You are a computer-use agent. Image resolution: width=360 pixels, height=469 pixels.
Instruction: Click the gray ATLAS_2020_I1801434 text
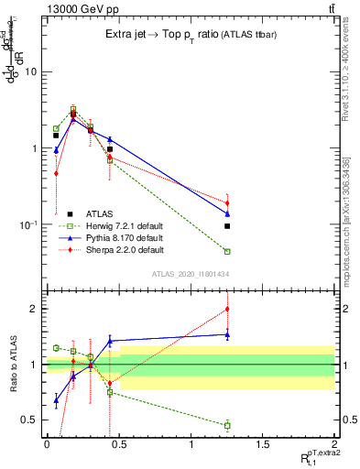coord(190,274)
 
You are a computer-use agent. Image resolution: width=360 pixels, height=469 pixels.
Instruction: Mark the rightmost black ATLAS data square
coord(227,225)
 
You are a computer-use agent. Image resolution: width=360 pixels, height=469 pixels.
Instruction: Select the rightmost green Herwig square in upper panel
coord(227,251)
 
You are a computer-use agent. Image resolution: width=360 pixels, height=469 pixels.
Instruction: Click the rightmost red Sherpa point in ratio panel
coord(227,309)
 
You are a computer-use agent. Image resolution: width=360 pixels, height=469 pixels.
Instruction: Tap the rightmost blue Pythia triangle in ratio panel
coord(227,334)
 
